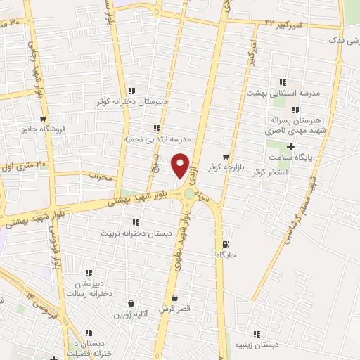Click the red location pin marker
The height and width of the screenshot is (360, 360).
181,165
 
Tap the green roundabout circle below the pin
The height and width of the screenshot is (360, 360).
189,195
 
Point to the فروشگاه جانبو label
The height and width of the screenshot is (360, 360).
44,129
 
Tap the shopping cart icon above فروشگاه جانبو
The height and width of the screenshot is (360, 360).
44,118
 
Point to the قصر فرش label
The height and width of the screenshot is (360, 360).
174,308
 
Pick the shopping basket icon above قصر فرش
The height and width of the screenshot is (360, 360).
174,297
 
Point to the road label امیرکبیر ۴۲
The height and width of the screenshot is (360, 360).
283,25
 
